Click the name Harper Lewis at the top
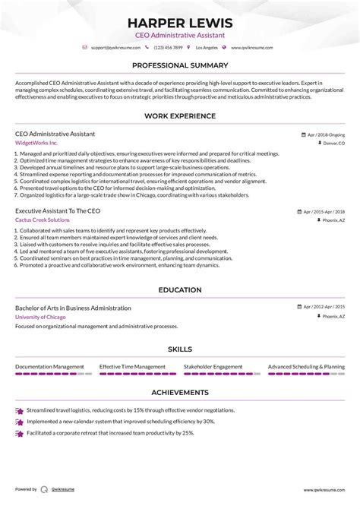(x=180, y=24)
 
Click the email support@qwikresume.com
(x=113, y=47)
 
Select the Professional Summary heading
(x=180, y=66)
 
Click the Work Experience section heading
(x=180, y=116)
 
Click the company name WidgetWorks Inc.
(x=36, y=143)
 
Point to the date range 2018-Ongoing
(x=325, y=134)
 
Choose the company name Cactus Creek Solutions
(x=45, y=220)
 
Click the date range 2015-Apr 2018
(x=324, y=210)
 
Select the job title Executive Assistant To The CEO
(x=58, y=210)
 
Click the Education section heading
(x=180, y=289)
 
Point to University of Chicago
(x=42, y=317)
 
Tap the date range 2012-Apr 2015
(x=324, y=308)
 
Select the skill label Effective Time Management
(x=132, y=366)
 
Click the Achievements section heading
(x=180, y=392)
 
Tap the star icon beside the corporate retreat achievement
(x=19, y=433)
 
